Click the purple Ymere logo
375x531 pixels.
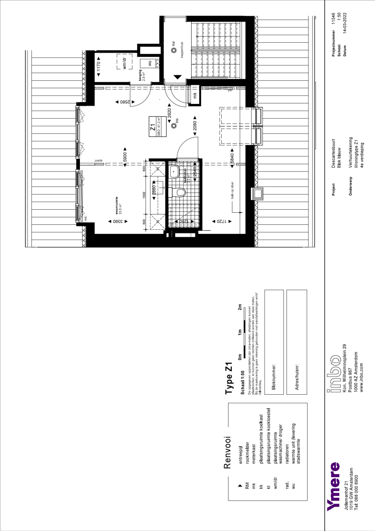pyautogui.click(x=333, y=486)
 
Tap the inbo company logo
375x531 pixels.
pyautogui.click(x=334, y=374)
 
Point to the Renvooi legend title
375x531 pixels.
pyautogui.click(x=227, y=452)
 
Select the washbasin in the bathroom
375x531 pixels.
pyautogui.click(x=174, y=172)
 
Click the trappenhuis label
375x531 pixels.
pyautogui.click(x=182, y=50)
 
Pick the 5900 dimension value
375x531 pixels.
pyautogui.click(x=125, y=157)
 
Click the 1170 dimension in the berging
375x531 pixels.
pyautogui.click(x=99, y=66)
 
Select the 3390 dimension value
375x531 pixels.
pyautogui.click(x=118, y=221)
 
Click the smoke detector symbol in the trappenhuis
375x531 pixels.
pyautogui.click(x=174, y=50)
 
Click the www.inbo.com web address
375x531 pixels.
pyautogui.click(x=361, y=378)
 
